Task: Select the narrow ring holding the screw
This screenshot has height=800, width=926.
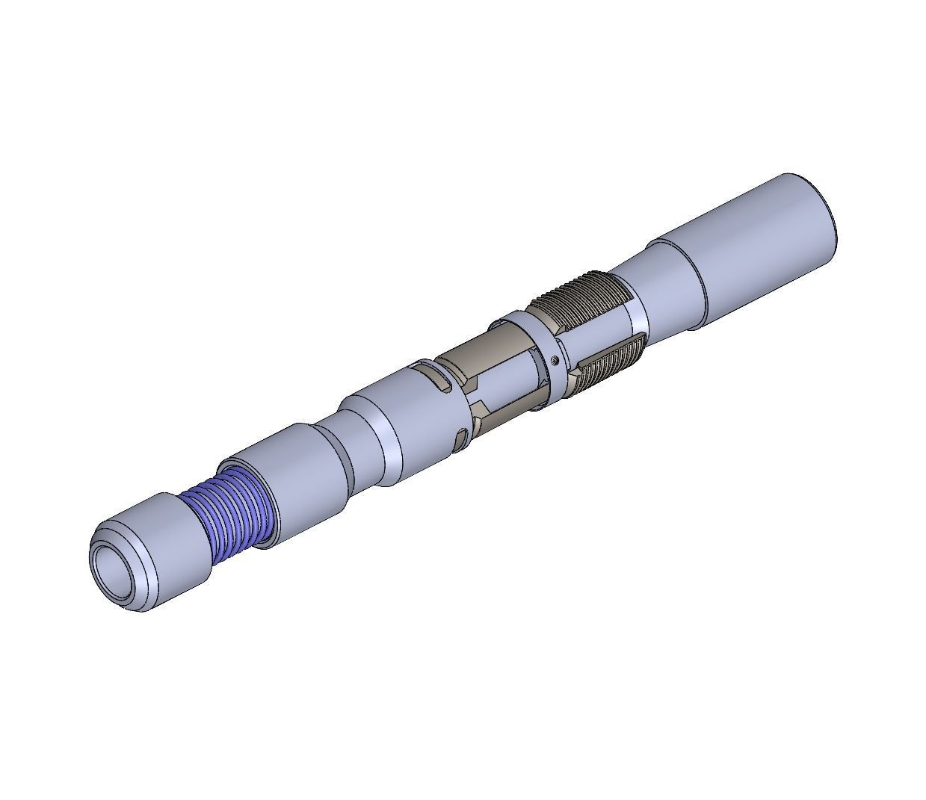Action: (x=546, y=351)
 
